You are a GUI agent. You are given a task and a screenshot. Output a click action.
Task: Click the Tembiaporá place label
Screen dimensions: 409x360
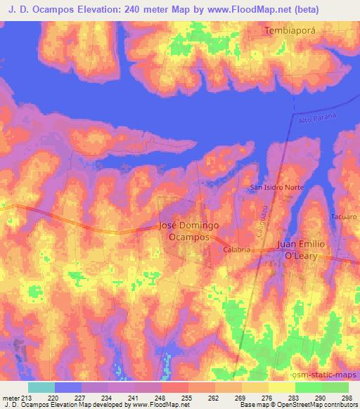click(292, 31)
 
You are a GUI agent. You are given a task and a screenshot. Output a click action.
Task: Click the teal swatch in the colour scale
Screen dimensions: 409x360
click(41, 387)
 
